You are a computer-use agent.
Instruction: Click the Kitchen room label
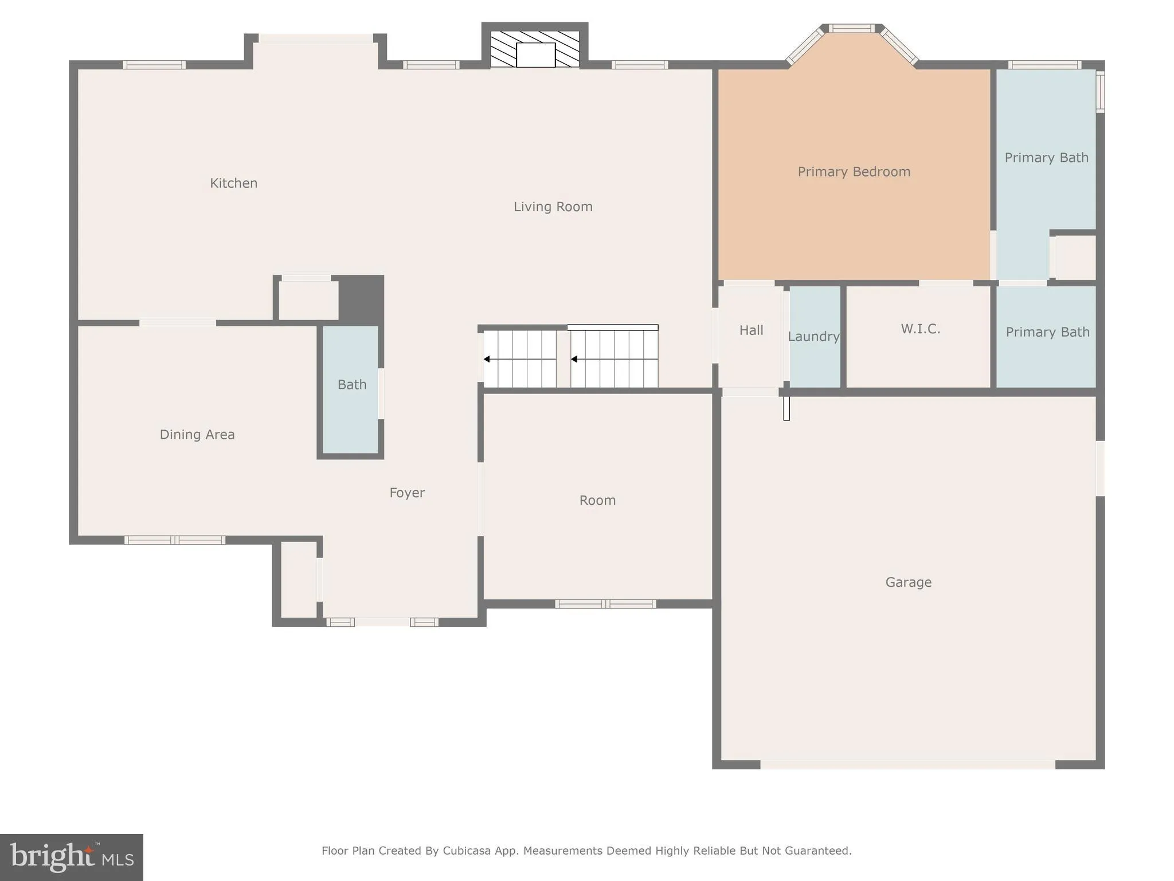(233, 184)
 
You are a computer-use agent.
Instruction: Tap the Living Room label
(553, 207)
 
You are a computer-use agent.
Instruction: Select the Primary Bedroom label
(854, 172)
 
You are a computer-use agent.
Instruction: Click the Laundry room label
(813, 337)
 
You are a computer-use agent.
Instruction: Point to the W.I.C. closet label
(920, 329)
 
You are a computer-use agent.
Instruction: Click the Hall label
(751, 330)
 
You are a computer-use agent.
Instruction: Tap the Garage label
(908, 583)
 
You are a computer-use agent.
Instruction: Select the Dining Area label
(197, 435)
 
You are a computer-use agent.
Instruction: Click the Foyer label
(407, 493)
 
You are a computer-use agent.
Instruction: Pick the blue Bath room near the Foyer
(351, 385)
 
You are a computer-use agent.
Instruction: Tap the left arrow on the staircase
(487, 359)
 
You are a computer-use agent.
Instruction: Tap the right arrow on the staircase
(574, 359)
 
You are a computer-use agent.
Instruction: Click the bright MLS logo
(72, 857)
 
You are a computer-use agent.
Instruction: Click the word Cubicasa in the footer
(466, 851)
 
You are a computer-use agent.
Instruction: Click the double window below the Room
(605, 603)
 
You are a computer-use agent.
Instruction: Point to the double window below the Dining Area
(175, 540)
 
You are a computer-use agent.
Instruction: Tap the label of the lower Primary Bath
(1047, 333)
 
